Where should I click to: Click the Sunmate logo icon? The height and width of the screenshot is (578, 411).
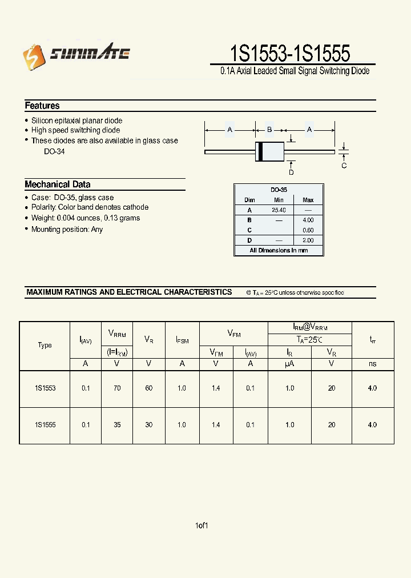point(33,55)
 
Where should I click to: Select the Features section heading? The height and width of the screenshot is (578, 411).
point(42,106)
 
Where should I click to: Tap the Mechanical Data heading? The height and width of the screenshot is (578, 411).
point(57,184)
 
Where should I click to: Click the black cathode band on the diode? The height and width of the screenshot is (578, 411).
point(260,151)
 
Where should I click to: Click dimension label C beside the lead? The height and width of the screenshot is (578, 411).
point(344,166)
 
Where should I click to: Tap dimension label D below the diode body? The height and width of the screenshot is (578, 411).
point(291,172)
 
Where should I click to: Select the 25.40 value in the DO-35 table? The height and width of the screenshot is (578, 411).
point(279,210)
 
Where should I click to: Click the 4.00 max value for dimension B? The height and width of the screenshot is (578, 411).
point(308,220)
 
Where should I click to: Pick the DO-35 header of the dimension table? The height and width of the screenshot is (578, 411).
point(279,190)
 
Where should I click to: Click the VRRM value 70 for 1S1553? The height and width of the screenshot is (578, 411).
point(117,388)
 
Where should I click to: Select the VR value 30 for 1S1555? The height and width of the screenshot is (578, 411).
point(148,425)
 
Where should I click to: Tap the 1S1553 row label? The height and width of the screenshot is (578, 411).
point(45,388)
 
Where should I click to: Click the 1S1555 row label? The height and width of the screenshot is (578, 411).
point(45,425)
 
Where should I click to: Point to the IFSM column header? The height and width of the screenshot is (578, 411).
point(182,340)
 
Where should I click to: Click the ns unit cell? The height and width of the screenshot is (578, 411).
point(372,364)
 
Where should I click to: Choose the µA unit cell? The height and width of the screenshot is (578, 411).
point(289,364)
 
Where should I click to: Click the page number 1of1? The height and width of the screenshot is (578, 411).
point(202,525)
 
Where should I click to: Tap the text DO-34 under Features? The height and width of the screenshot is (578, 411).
point(54,152)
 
